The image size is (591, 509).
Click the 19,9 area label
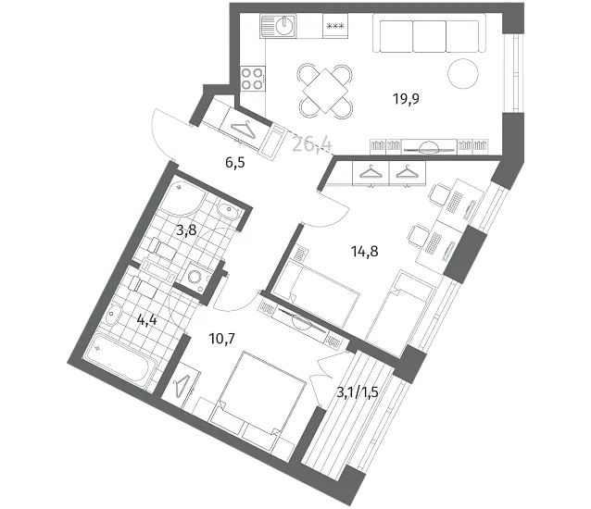(x=406, y=99)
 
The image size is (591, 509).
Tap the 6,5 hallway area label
(x=235, y=163)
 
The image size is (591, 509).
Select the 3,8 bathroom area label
(x=186, y=230)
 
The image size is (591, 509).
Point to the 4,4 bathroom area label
(x=147, y=321)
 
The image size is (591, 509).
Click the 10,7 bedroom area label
(x=222, y=339)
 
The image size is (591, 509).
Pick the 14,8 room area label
(x=364, y=251)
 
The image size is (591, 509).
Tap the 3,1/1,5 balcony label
(x=358, y=392)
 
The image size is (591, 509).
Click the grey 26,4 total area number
(x=312, y=144)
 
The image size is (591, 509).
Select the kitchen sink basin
(x=284, y=26)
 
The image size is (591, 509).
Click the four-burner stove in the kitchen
(x=253, y=79)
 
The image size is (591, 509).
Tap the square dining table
(x=325, y=91)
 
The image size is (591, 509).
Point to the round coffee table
(x=463, y=74)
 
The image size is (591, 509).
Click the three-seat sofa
(x=429, y=33)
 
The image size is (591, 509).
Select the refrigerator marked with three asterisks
(x=335, y=26)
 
